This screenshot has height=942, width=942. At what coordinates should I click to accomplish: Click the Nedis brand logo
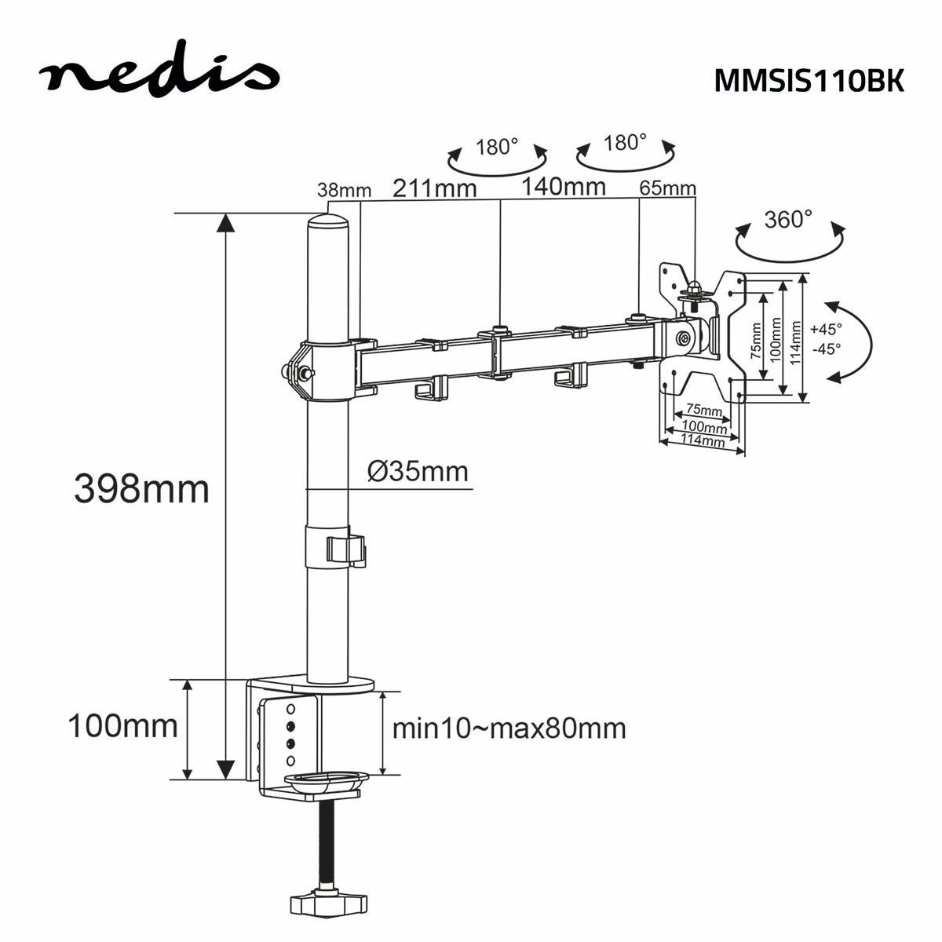pos(159,72)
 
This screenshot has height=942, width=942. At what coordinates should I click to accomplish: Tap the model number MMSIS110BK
pos(809,81)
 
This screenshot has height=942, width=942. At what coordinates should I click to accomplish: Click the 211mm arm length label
pos(434,188)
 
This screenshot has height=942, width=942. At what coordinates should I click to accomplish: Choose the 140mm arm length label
pos(564,187)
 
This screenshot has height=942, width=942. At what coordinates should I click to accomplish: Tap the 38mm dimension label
pos(344,190)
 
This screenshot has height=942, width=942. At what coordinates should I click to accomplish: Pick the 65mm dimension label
pos(667,188)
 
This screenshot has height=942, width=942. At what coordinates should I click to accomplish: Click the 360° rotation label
pos(788,219)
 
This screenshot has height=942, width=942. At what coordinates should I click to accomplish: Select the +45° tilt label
pos(826,329)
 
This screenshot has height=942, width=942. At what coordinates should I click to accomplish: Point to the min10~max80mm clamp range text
pos(509,728)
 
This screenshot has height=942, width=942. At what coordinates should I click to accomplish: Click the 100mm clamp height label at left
pos(122,725)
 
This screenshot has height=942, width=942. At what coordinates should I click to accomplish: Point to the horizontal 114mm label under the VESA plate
pos(702,441)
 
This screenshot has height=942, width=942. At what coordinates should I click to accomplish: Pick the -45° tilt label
pos(826,349)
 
